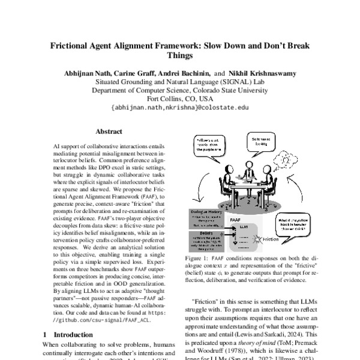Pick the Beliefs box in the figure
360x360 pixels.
[x=211, y=242]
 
